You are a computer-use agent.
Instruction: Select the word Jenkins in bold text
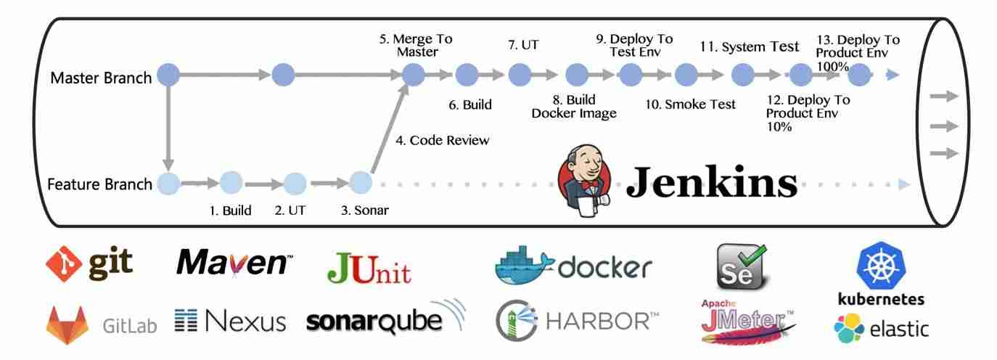711,181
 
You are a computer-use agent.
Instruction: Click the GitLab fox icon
68,324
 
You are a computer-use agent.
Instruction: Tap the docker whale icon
524,266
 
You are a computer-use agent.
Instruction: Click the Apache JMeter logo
747,321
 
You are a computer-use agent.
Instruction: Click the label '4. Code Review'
442,141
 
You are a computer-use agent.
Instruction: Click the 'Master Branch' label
101,78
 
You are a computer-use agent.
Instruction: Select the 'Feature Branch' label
99,184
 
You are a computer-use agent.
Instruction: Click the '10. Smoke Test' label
690,105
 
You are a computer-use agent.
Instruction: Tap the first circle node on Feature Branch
168,184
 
